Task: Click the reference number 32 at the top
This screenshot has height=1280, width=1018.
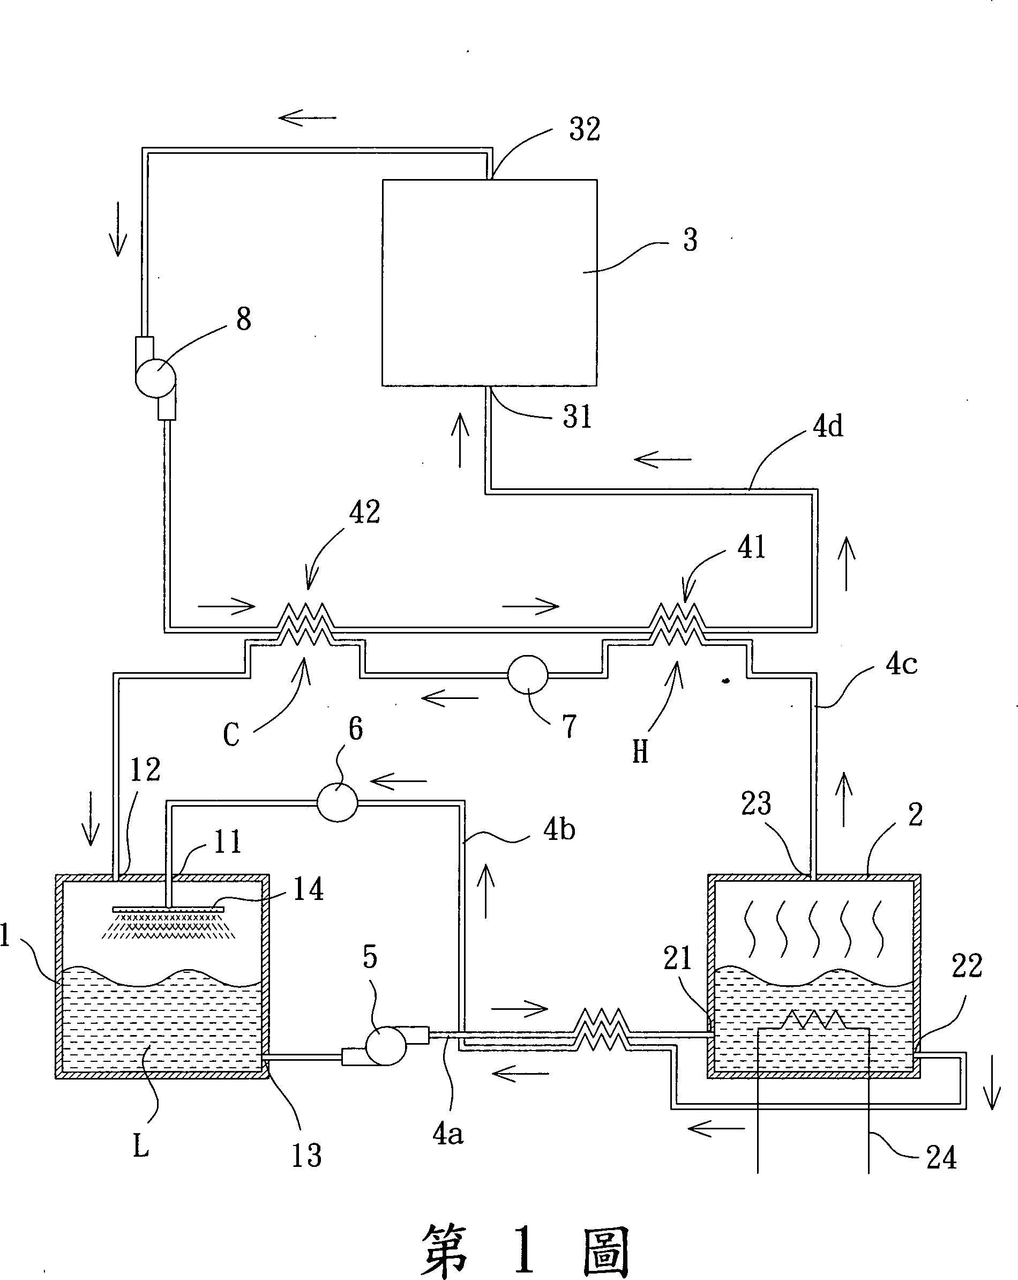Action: pos(585,129)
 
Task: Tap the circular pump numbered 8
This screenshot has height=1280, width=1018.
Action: pos(155,377)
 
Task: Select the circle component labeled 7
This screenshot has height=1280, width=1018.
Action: pos(528,674)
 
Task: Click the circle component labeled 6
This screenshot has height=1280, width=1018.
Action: pos(337,802)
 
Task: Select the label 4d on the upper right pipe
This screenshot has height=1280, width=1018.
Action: pos(828,427)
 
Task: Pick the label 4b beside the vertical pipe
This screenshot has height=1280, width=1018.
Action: pos(559,829)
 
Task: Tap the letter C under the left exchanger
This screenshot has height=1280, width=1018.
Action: pos(231,735)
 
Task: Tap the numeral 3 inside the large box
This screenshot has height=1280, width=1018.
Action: pos(690,240)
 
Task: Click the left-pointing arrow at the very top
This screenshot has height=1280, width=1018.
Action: pos(308,117)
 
